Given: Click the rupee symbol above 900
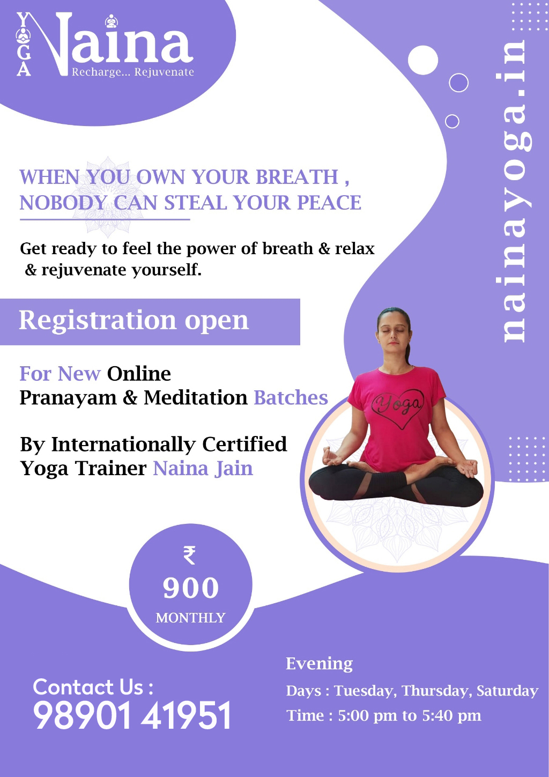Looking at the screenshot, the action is point(190,555).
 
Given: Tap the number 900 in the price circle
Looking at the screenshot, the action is point(191,588).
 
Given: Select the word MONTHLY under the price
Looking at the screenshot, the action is point(191,618).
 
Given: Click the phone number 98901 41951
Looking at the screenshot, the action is point(132,715).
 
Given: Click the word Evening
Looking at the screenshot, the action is point(319,664).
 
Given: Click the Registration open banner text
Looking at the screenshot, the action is point(134,321).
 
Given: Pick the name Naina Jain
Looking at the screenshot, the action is point(203,469).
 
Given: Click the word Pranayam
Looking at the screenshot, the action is point(68,397).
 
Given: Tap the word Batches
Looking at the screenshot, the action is point(291,397).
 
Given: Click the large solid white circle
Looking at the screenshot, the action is point(423,60).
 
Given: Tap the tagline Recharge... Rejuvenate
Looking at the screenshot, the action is point(133,72).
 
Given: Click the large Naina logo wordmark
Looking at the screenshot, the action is point(114,45).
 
